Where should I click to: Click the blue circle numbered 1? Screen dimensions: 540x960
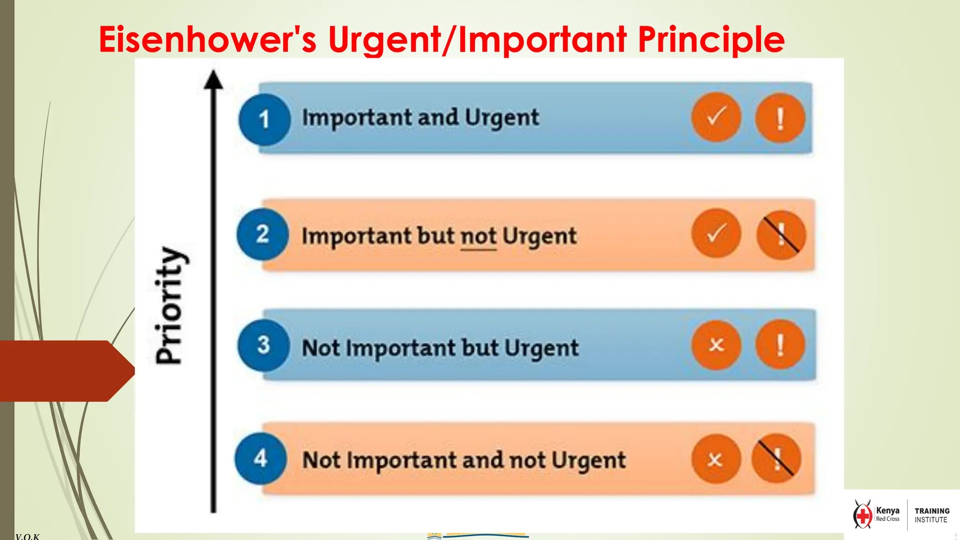pos(264,119)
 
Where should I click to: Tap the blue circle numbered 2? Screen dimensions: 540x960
pos(262,234)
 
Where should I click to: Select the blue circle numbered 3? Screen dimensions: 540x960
pos(263,345)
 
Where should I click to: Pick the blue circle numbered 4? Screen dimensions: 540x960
pos(261,458)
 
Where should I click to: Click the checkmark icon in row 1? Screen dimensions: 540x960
pos(716,117)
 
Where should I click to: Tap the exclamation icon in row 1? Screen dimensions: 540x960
pos(780,118)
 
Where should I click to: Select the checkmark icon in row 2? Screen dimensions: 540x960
pos(716,233)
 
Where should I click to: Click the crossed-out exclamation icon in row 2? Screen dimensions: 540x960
pos(781,234)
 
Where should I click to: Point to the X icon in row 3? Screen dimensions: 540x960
pos(716,345)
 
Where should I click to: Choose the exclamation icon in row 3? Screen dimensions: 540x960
pos(780,345)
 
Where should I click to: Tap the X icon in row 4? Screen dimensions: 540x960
pos(715,459)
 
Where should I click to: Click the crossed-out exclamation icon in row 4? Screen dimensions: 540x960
pos(776,459)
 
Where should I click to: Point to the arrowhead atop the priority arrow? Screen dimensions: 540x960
pos(213,80)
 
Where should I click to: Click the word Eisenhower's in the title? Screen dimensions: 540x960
pos(208,39)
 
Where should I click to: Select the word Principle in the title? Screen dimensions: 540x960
pos(711,40)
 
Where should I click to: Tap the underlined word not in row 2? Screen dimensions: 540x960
pos(478,236)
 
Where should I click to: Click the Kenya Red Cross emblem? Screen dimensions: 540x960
pos(862,515)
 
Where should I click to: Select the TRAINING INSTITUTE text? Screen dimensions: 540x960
pos(932,515)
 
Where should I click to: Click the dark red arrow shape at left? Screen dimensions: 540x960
pos(66,371)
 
